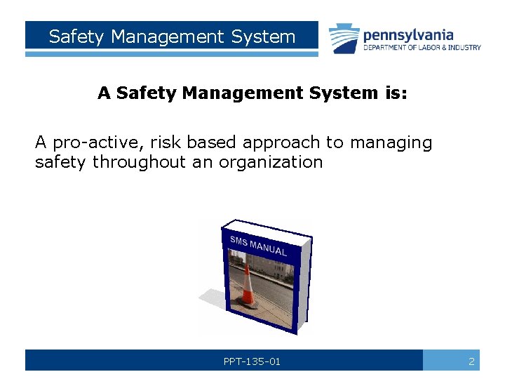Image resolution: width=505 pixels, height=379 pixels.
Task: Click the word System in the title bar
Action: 262,36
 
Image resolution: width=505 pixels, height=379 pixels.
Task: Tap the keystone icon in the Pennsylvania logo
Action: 344,38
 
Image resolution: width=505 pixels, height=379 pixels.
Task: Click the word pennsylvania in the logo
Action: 408,34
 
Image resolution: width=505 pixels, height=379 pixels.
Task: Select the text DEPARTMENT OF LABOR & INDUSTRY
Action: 422,48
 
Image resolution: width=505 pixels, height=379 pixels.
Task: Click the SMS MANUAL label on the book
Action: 257,246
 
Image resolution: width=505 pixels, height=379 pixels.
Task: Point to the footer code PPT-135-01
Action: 252,361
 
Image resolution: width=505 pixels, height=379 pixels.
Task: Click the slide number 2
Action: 471,361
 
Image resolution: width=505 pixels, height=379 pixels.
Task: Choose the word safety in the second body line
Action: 61,163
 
